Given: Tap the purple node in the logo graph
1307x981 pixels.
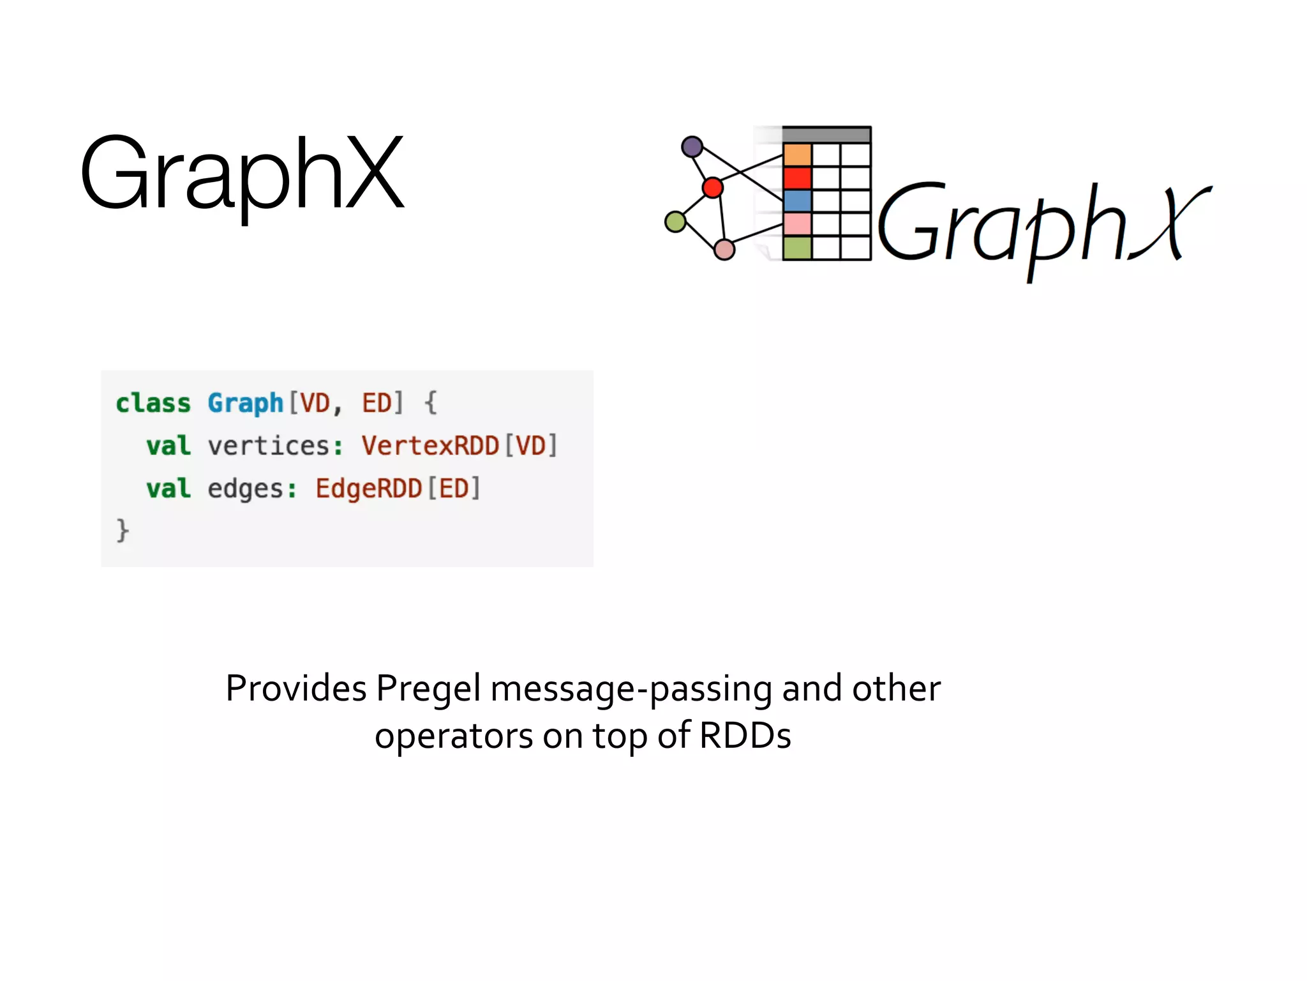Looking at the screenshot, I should pos(692,147).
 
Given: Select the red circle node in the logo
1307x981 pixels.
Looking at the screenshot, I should pos(712,188).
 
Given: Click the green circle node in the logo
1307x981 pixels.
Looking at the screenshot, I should pos(675,222).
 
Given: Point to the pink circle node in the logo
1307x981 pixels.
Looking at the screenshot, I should pos(724,249).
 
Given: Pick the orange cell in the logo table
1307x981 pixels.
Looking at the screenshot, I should pos(797,155).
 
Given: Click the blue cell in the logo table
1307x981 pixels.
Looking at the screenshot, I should pos(797,201).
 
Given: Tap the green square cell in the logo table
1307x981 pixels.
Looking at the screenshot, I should pos(797,248).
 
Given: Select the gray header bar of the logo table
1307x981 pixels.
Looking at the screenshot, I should pos(826,135).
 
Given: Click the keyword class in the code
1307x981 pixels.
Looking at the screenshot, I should pos(153,403).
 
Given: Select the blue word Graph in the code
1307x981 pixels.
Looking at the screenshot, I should pos(245,403).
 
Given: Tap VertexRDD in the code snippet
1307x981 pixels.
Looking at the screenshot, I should pos(430,446).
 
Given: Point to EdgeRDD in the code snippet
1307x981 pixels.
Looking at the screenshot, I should pos(368,489).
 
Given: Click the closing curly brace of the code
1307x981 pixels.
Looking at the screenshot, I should pos(123,530).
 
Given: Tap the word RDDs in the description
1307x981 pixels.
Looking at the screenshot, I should pos(745,736).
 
